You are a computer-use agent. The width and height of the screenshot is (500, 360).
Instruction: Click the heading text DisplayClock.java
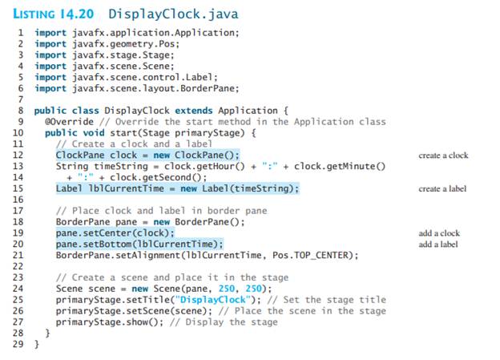173,14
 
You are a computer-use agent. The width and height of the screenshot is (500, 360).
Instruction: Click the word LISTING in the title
34,14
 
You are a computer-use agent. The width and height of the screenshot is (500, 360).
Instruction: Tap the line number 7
20,99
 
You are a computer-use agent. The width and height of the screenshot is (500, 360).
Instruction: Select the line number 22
18,266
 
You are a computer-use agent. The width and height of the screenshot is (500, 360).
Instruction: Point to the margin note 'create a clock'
443,156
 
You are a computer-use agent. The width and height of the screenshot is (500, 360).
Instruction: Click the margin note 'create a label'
442,188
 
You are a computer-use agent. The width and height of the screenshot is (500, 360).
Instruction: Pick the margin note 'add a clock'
439,233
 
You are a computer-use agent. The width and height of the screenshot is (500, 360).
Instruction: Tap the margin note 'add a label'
438,245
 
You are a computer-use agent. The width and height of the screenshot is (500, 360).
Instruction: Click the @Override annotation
69,122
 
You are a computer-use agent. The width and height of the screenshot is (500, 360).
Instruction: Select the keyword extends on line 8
194,111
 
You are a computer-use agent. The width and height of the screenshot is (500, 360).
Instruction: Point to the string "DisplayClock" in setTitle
213,300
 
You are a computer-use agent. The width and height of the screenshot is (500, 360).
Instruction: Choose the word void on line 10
94,133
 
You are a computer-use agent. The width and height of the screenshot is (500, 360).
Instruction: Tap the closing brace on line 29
36,344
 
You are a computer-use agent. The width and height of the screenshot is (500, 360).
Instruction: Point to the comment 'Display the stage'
232,322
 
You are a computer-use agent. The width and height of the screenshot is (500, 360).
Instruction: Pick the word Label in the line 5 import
200,77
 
